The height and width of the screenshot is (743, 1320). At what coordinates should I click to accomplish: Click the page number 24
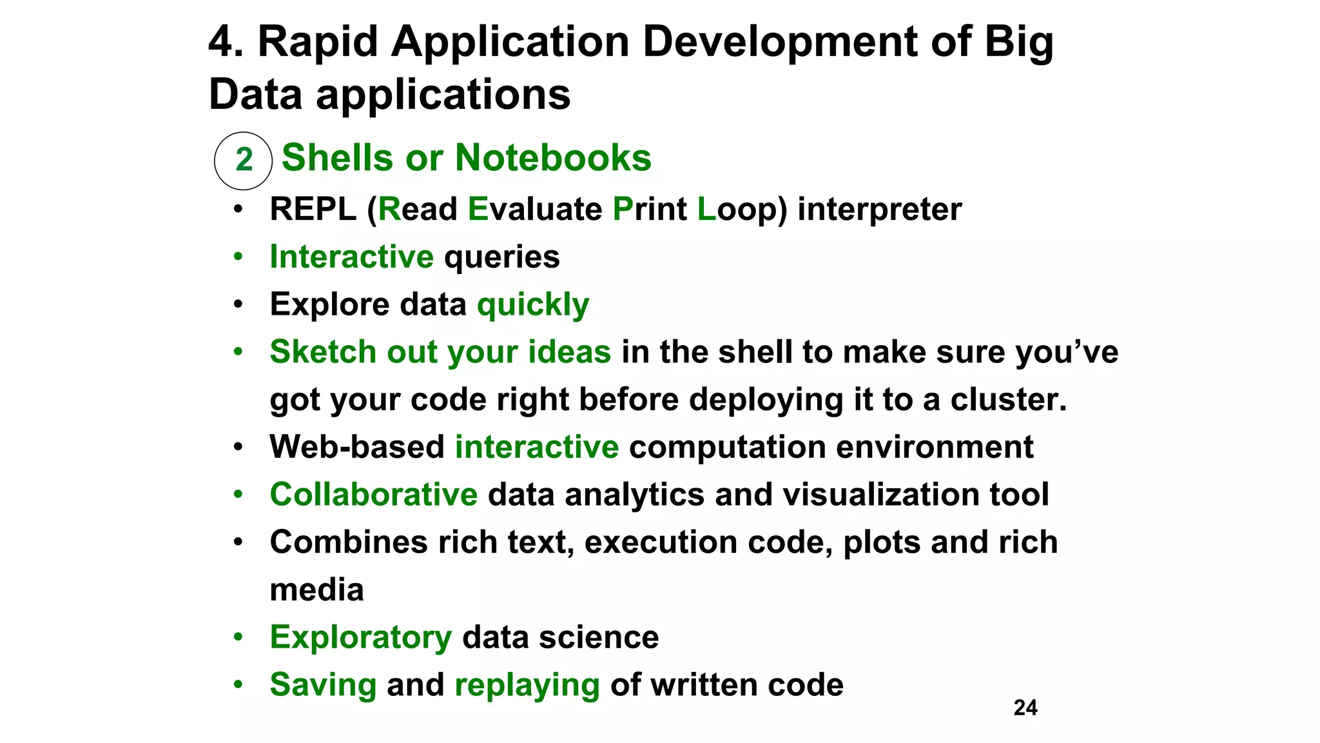click(1025, 708)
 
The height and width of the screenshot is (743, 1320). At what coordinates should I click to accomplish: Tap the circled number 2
click(244, 160)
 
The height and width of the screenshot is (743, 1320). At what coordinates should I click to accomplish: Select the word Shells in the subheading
click(337, 157)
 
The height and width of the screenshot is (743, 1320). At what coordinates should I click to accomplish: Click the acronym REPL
click(313, 210)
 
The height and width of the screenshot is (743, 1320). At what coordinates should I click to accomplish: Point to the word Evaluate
click(534, 210)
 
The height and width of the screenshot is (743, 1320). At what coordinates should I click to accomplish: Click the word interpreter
click(879, 210)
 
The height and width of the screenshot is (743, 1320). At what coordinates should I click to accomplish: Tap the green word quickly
click(532, 305)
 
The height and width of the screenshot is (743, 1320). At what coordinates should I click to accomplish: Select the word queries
click(501, 257)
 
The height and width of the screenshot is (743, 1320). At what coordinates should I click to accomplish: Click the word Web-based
click(356, 447)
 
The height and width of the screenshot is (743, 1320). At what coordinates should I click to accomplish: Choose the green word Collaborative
click(373, 495)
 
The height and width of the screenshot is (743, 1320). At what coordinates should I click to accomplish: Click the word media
click(316, 589)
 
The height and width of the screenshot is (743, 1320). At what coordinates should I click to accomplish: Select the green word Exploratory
click(360, 637)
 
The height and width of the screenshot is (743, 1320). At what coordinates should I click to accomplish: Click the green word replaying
click(527, 685)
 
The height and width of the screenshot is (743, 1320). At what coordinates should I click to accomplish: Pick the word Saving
click(323, 685)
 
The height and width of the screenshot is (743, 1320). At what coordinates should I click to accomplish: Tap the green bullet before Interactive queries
click(238, 257)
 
